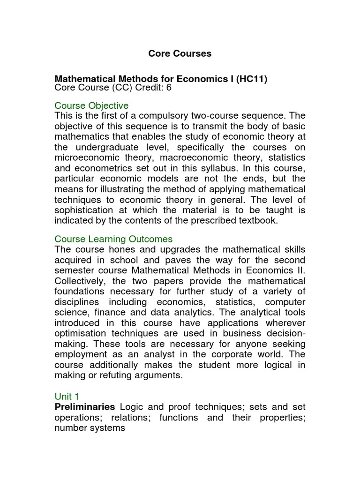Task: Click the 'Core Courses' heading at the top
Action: pyautogui.click(x=180, y=53)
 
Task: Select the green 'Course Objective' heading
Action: pyautogui.click(x=91, y=105)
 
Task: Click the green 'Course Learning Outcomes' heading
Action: pyautogui.click(x=113, y=239)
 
